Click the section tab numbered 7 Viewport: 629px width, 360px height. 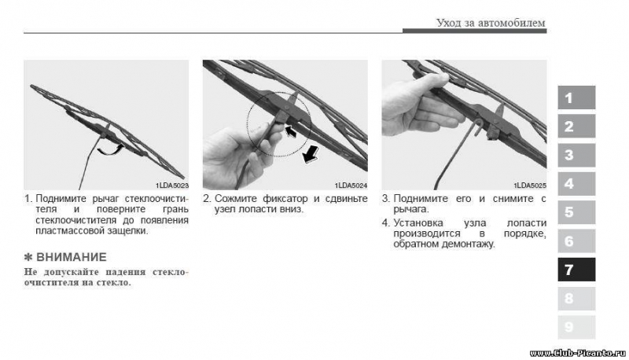point(576,270)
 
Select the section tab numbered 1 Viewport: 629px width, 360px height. point(576,97)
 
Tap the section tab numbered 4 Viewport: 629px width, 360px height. point(576,184)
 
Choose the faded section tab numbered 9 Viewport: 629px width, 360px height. point(576,327)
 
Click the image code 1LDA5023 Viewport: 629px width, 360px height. point(172,186)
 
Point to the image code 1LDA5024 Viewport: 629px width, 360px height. point(351,186)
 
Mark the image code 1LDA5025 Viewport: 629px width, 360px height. point(530,186)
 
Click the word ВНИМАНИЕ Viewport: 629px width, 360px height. point(72,257)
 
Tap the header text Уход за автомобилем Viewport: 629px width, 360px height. point(491,23)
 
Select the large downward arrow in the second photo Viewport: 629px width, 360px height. point(311,154)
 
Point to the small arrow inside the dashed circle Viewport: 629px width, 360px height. point(290,131)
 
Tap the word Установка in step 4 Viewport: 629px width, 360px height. point(418,223)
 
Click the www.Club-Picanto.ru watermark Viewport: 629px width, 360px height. point(577,353)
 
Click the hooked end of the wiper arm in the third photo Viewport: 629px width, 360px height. point(478,127)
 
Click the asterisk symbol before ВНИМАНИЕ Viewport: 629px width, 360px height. point(28,257)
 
